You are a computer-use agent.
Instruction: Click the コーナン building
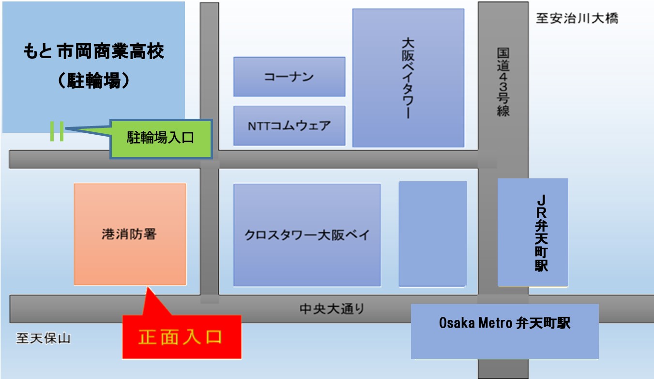click(x=289, y=77)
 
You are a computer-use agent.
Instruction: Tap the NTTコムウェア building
click(x=289, y=126)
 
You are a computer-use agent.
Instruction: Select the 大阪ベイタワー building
click(x=408, y=78)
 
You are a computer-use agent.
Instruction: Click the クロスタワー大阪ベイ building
click(x=306, y=235)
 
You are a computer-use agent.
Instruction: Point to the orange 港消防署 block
click(x=130, y=234)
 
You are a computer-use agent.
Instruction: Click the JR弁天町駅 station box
click(x=532, y=233)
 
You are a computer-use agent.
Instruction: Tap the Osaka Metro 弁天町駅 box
click(x=504, y=331)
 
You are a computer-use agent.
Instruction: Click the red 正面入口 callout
click(x=181, y=337)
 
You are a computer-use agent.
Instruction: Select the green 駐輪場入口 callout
click(x=161, y=139)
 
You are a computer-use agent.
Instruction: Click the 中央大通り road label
click(x=332, y=308)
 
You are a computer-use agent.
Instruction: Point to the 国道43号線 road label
click(x=503, y=81)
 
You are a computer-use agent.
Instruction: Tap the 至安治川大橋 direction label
click(x=577, y=19)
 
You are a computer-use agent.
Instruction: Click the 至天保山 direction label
click(x=43, y=338)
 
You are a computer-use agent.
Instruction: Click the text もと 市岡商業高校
click(x=93, y=51)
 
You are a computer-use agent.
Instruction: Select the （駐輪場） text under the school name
click(x=93, y=80)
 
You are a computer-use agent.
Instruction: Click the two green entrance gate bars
click(x=57, y=131)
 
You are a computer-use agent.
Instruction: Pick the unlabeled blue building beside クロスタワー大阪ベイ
click(x=432, y=234)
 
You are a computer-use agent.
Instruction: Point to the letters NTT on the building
click(x=259, y=126)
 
